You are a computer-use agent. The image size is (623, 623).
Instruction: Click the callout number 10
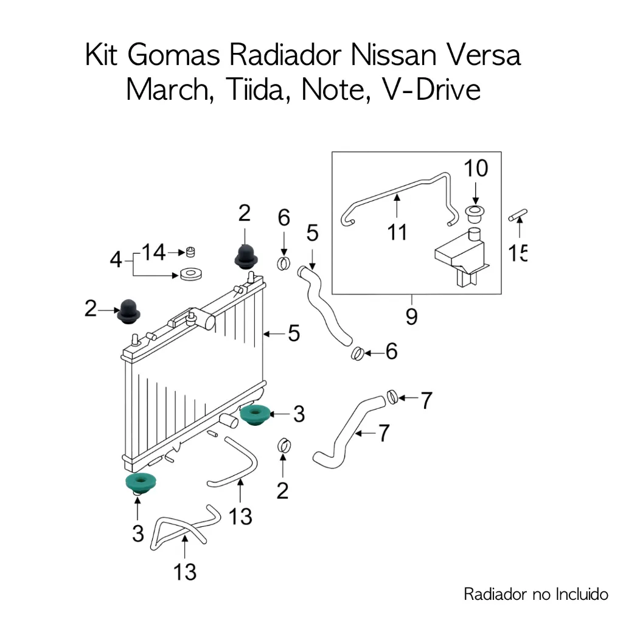[x=476, y=169]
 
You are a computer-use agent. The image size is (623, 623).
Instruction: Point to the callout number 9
[x=411, y=317]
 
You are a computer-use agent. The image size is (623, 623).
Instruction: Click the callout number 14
[x=154, y=252]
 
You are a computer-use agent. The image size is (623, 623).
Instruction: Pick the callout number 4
[x=116, y=260]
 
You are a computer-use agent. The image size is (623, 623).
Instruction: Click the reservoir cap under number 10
[x=475, y=214]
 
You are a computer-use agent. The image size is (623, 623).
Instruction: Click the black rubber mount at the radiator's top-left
[x=128, y=312]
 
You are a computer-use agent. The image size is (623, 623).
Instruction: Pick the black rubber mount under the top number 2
[x=245, y=257]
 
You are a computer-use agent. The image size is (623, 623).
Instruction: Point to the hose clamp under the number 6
[x=284, y=263]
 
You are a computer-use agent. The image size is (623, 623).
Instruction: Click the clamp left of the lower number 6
[x=358, y=352]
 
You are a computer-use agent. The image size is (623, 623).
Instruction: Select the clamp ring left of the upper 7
[x=393, y=397]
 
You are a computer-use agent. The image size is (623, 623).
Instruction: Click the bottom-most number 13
[x=184, y=571]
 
